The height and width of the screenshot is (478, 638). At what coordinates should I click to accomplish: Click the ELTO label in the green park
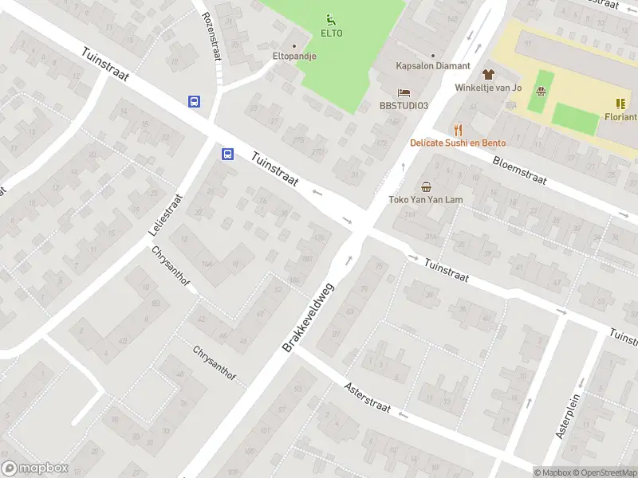pos(331,33)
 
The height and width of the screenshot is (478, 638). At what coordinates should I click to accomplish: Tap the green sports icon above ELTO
pos(331,19)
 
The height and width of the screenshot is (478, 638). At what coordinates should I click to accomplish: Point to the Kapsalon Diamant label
pos(433,66)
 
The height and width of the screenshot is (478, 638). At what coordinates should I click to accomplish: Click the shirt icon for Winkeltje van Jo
pos(488,73)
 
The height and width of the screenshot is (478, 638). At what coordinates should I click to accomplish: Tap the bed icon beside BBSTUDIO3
pos(404,93)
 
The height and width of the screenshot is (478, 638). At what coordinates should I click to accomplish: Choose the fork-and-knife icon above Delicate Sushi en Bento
pos(458,129)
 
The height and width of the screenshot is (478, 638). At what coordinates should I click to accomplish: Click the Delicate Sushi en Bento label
pos(458,143)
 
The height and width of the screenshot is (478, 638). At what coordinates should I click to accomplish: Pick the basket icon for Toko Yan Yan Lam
pos(426,187)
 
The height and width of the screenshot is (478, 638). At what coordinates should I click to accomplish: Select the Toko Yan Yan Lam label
pos(426,200)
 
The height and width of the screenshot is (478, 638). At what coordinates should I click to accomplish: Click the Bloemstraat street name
pos(519,169)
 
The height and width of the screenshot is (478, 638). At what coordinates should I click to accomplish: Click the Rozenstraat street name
pos(211,36)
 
